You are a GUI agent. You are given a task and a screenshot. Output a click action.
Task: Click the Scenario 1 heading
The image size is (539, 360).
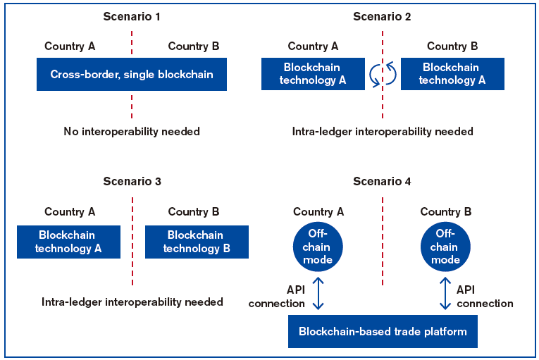pyautogui.click(x=132, y=16)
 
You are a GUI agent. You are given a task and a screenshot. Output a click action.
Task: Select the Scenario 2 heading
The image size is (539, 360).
pyautogui.click(x=382, y=16)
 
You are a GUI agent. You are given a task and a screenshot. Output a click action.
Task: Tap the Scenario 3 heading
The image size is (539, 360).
pyautogui.click(x=132, y=181)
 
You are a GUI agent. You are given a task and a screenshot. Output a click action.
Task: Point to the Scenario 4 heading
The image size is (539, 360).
pyautogui.click(x=382, y=181)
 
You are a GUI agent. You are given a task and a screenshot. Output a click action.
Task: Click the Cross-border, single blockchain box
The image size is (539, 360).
pyautogui.click(x=132, y=74)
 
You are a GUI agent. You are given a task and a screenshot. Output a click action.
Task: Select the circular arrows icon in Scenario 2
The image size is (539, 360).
pyautogui.click(x=383, y=74)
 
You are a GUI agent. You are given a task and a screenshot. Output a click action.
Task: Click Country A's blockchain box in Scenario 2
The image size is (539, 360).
pyautogui.click(x=313, y=74)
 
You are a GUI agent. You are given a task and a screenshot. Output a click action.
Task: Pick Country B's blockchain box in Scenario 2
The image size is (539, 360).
pyautogui.click(x=452, y=74)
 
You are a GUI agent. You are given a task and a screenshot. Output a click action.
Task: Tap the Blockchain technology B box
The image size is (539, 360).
pyautogui.click(x=197, y=242)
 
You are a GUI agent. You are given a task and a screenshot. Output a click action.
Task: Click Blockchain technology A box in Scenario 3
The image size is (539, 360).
pyautogui.click(x=68, y=242)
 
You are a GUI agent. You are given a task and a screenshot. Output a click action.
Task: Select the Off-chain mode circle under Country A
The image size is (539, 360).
pyautogui.click(x=318, y=247)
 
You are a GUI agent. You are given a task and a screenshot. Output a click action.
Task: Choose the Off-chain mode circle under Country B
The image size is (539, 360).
pyautogui.click(x=445, y=247)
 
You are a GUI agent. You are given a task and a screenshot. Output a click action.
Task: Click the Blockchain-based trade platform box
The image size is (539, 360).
pyautogui.click(x=383, y=331)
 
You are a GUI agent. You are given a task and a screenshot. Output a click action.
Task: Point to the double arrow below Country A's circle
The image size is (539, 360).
pyautogui.click(x=318, y=293)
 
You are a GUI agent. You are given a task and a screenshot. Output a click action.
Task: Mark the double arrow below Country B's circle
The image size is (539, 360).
pyautogui.click(x=445, y=293)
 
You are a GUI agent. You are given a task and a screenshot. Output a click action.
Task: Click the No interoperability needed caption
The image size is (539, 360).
pyautogui.click(x=132, y=131)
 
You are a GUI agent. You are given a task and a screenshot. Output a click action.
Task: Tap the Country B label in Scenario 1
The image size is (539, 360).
pyautogui.click(x=194, y=46)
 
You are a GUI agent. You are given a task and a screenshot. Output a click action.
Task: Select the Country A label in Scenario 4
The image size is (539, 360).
pyautogui.click(x=318, y=211)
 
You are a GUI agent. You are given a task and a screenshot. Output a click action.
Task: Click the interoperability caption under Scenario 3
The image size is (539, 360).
pyautogui.click(x=132, y=302)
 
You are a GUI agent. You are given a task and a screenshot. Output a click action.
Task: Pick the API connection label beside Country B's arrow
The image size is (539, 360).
pyautogui.click(x=485, y=297)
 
